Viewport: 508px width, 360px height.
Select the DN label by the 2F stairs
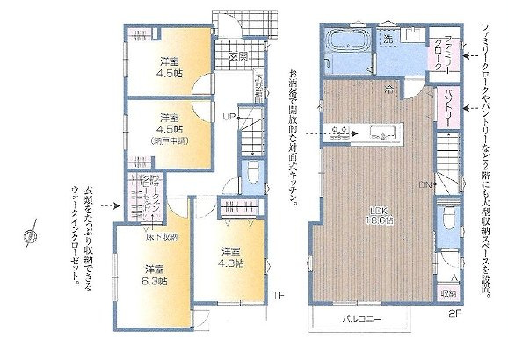[x=424, y=185]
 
